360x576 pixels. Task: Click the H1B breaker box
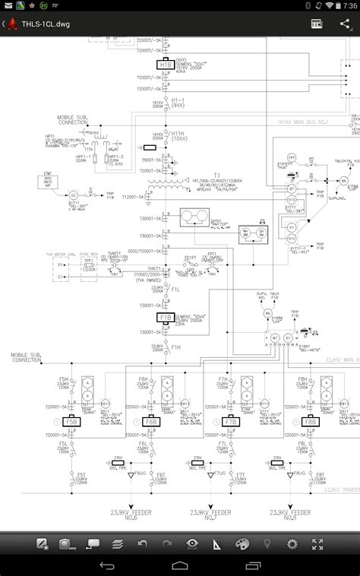point(166,65)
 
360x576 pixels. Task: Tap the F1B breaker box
point(164,317)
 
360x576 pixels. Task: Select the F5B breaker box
point(72,421)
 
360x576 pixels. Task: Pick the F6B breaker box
point(150,421)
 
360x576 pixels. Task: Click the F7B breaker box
point(230,421)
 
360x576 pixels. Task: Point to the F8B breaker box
point(308,421)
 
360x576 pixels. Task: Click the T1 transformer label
point(194,175)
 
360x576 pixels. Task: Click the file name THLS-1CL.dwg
point(46,24)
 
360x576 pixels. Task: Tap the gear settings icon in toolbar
point(292,544)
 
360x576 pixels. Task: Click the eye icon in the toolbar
point(192,544)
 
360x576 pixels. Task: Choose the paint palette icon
point(242,544)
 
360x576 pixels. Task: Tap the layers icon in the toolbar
point(118,544)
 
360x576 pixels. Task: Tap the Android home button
point(179,566)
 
